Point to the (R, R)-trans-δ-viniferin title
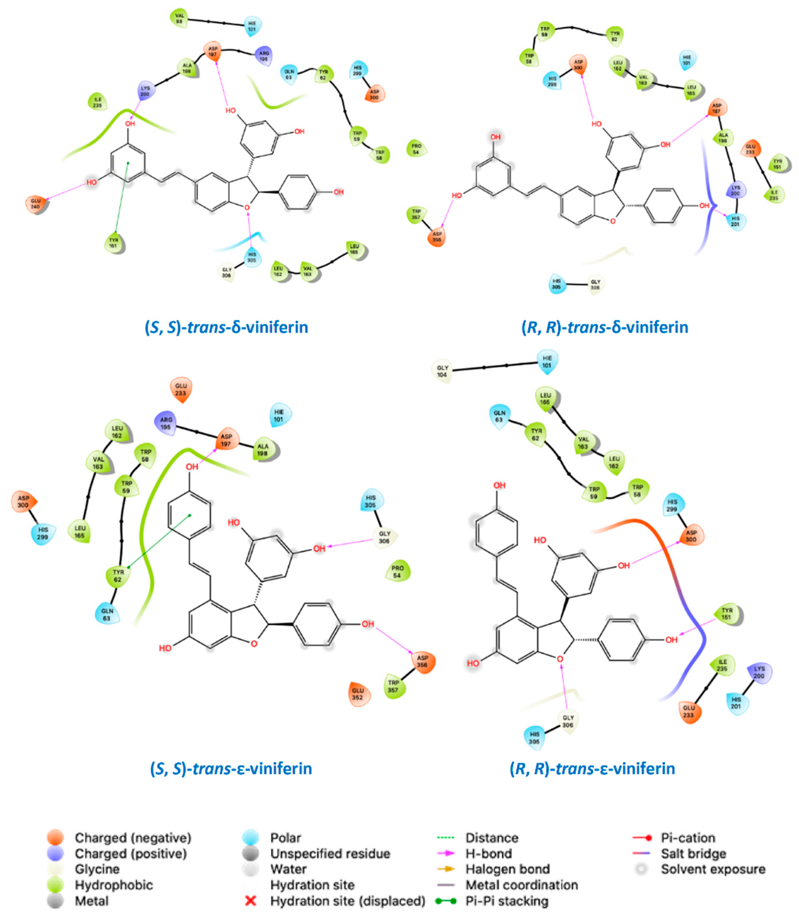(x=605, y=327)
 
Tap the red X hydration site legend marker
(x=251, y=901)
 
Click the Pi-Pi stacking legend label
(x=507, y=901)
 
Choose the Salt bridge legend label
(x=693, y=853)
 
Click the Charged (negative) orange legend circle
(x=55, y=838)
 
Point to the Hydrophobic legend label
(x=114, y=885)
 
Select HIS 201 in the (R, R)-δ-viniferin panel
(x=735, y=221)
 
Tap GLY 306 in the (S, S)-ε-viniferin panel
(x=384, y=537)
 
